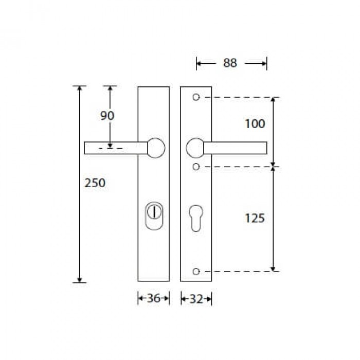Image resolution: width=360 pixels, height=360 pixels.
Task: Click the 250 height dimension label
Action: (x=95, y=183)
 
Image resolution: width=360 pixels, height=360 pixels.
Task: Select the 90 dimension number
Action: (x=107, y=116)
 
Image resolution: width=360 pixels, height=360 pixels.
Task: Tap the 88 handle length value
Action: (x=230, y=63)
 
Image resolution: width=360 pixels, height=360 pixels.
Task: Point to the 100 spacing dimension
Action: (x=255, y=124)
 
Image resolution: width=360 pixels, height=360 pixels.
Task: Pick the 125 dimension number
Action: (x=255, y=218)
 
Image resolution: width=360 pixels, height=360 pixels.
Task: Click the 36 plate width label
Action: (x=154, y=298)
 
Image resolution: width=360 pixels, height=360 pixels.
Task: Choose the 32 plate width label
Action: (x=196, y=299)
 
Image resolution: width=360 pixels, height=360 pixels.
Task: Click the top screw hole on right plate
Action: (x=196, y=97)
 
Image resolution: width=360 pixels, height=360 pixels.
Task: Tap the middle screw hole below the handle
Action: (x=196, y=167)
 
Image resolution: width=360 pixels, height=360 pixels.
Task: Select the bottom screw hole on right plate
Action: (x=196, y=272)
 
